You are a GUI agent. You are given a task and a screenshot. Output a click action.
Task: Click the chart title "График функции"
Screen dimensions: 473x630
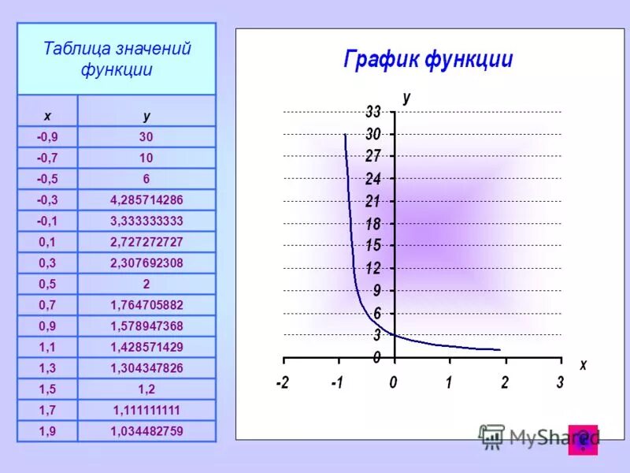[x=428, y=60]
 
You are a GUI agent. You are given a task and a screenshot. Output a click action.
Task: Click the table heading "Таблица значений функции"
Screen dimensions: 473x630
[x=117, y=59]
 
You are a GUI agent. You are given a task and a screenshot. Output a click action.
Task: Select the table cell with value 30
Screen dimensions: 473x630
[x=146, y=136]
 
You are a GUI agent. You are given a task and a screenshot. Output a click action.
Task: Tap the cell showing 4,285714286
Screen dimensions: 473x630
[x=146, y=199]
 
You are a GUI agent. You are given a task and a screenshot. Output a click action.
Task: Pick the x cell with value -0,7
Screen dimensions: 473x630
[x=47, y=158]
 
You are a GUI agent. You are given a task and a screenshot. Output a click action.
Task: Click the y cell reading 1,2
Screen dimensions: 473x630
[x=146, y=389]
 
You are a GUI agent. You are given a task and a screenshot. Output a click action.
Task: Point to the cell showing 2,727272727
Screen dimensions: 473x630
[x=146, y=242]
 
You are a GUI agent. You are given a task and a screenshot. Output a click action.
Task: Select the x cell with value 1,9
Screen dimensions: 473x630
[x=47, y=430]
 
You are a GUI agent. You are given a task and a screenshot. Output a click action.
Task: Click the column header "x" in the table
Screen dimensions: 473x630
[x=47, y=115]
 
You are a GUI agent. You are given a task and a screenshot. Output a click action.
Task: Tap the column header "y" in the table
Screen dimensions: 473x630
[x=146, y=115]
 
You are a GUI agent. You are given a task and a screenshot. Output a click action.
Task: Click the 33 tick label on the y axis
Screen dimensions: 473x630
[x=373, y=112]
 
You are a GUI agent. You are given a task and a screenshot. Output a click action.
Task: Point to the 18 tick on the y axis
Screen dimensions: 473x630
[x=373, y=224]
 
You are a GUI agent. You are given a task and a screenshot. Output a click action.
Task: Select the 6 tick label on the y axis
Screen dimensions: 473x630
[x=377, y=313]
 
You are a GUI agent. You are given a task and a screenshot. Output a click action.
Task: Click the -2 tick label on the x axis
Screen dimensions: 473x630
[x=282, y=383]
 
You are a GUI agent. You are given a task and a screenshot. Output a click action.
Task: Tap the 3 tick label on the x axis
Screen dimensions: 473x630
[x=560, y=383]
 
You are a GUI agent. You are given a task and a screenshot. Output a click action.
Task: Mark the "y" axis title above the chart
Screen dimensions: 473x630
[x=406, y=97]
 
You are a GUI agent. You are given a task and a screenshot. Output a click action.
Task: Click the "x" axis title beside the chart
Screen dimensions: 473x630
[x=583, y=365]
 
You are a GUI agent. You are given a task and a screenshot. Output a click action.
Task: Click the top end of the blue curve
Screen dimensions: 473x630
[x=345, y=135]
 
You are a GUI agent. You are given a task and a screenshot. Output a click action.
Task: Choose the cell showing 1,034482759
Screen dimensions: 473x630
[x=146, y=430]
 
